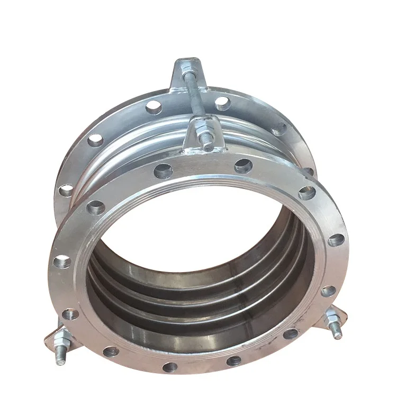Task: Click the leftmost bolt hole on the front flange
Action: point(62,261)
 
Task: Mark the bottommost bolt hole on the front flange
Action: point(170,366)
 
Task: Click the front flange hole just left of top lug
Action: point(163,170)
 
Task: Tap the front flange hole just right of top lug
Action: point(243,165)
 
